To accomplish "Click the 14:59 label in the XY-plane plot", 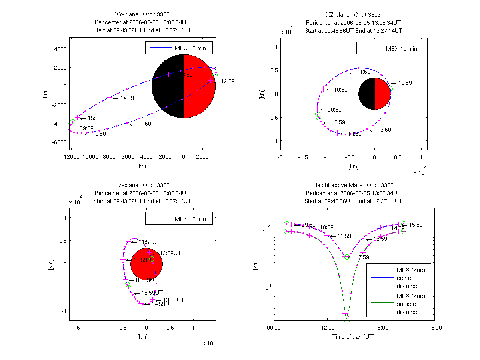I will pos(124,98).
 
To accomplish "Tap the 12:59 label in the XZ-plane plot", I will pos(405,83).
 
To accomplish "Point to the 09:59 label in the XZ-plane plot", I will pos(335,110).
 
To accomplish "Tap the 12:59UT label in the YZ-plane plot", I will pos(171,253).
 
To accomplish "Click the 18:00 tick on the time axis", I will pos(435,328).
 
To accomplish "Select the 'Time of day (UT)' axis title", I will pos(354,337).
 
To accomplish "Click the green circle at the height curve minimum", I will pos(347,320).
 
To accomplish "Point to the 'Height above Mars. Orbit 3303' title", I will pos(353,185).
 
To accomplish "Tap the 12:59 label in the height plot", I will pos(362,257).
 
